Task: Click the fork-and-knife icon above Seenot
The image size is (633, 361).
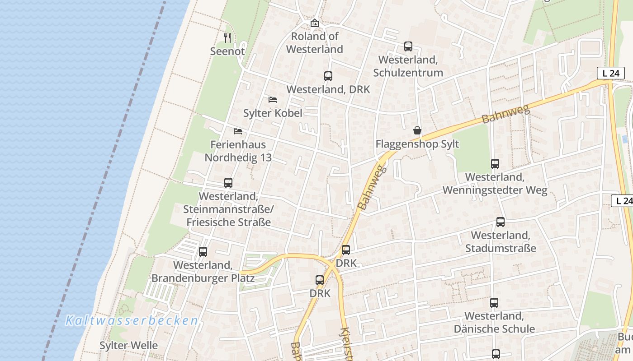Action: click(227, 38)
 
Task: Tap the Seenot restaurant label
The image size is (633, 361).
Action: click(227, 51)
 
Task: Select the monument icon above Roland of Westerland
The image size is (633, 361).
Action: click(315, 23)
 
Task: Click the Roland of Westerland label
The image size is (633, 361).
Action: click(315, 43)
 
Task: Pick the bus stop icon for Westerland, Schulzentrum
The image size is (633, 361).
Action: click(408, 46)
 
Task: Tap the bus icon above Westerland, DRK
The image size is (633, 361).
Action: click(328, 76)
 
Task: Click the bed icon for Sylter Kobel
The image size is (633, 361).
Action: click(273, 100)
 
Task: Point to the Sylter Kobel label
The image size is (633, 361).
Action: click(273, 113)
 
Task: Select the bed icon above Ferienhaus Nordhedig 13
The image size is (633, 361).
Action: click(238, 131)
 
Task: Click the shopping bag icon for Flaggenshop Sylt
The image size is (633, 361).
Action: click(417, 130)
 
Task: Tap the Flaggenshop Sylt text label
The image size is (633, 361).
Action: click(417, 144)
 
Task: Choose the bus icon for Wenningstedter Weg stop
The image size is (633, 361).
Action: click(495, 164)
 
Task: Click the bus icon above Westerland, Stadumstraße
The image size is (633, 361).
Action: click(501, 222)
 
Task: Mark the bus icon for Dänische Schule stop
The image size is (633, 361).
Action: click(494, 302)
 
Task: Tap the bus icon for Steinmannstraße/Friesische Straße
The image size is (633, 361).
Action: click(228, 183)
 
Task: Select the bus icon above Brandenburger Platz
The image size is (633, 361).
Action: click(203, 252)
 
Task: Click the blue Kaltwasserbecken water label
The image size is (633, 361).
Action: click(132, 321)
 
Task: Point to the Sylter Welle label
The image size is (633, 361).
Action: click(129, 346)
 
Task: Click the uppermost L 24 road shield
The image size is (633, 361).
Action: click(610, 73)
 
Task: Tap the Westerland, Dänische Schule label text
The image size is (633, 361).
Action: click(494, 322)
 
